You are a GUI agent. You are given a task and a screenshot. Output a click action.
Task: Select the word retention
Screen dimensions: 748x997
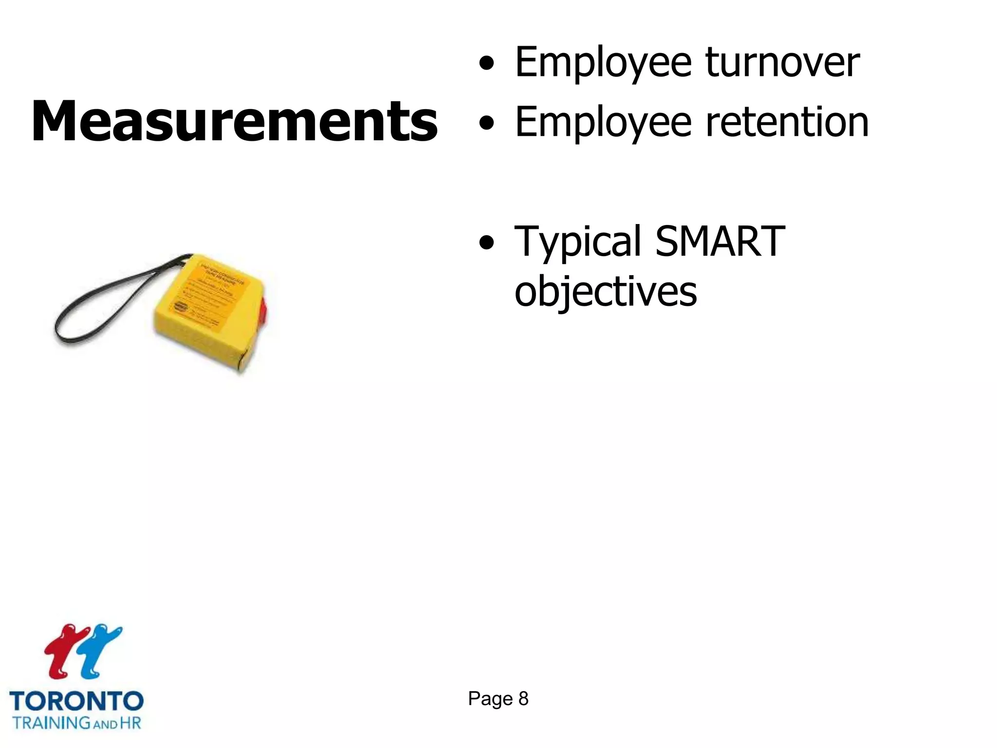[x=787, y=122]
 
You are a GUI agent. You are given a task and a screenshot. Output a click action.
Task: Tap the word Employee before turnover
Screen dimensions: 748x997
[x=603, y=63]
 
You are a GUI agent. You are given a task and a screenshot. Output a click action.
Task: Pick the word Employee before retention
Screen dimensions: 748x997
[x=603, y=123]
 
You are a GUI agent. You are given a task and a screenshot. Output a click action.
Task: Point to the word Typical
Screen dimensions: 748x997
[x=578, y=242]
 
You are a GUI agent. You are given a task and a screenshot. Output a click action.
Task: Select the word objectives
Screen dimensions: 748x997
[x=606, y=292]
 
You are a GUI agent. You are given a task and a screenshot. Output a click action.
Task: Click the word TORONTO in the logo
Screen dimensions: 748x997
[x=76, y=702]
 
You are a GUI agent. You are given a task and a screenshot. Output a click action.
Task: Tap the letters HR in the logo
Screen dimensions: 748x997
[x=130, y=722]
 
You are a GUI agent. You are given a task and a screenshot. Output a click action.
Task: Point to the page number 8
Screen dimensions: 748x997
[x=523, y=699]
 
